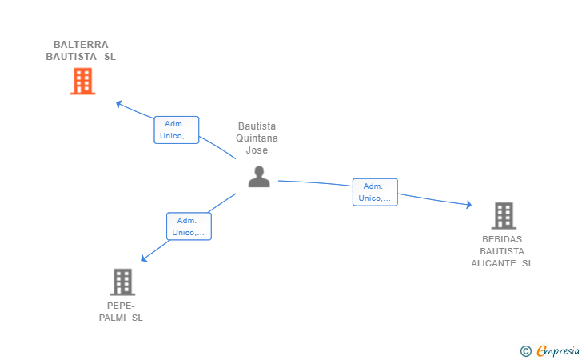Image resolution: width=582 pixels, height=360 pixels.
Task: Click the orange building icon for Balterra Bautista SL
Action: tap(83, 81)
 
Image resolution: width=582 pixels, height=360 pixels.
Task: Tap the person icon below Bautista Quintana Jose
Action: tap(259, 177)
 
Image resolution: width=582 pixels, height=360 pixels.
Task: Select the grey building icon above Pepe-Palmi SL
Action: tap(122, 282)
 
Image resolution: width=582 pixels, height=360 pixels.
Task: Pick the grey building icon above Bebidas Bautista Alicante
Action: tap(504, 215)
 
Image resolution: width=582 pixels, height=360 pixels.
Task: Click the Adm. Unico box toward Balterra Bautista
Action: tap(177, 130)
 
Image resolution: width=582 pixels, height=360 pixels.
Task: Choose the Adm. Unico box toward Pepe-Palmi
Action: tap(189, 226)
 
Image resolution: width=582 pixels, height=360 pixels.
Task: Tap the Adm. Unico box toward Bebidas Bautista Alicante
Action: tap(375, 192)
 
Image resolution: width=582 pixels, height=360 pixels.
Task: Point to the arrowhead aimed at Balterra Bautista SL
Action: tap(119, 104)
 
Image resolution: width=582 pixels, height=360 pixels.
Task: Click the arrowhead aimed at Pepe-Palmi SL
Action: tap(144, 258)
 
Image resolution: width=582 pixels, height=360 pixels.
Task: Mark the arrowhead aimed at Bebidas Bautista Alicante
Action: tap(469, 204)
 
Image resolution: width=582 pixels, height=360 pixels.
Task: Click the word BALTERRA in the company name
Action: tap(81, 45)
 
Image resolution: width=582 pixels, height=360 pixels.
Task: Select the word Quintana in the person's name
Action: tap(257, 138)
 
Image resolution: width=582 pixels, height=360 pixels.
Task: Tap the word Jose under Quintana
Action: tap(257, 150)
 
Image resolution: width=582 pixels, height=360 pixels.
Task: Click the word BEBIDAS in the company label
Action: tap(502, 239)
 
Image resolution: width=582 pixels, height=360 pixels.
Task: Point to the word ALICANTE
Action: tap(494, 263)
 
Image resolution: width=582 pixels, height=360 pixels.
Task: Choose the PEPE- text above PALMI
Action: tap(121, 306)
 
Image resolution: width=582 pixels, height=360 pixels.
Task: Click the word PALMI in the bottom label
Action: tap(113, 318)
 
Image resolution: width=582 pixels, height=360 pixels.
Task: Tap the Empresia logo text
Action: tap(558, 350)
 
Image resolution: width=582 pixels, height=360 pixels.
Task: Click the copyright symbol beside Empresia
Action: tap(526, 351)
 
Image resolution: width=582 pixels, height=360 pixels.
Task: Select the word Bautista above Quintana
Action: tap(257, 126)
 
